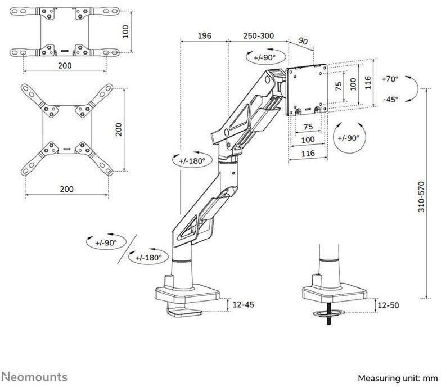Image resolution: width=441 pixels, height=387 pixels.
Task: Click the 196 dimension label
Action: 204,36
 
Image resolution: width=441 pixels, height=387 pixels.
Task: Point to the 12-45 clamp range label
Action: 244,304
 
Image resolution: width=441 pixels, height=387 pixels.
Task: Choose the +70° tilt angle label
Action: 389,79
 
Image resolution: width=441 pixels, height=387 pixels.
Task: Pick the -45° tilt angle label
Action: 389,99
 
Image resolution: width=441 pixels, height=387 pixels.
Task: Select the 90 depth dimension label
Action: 303,41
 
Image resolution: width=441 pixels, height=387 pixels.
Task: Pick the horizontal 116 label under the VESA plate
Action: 307,152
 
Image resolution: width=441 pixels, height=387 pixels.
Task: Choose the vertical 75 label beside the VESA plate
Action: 338,86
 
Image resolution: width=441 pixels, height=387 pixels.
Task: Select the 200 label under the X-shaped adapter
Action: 66,189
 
